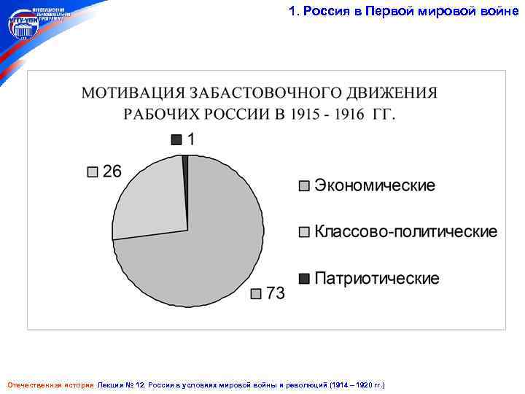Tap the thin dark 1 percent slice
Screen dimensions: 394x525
coord(185,164)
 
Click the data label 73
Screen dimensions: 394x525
coord(275,293)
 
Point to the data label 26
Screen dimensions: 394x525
coord(112,171)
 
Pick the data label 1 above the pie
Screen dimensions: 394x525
coord(191,139)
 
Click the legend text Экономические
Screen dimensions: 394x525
coord(374,185)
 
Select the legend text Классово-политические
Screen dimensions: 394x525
coord(406,232)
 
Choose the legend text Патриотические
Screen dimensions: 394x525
coord(377,279)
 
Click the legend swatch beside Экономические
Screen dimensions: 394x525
coord(304,186)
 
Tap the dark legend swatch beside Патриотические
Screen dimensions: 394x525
coord(304,279)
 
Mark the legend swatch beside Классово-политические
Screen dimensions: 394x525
coord(304,233)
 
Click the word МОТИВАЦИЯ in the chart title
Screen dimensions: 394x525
coord(132,94)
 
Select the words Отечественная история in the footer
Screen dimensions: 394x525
coord(50,384)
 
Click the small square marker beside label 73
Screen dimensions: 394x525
coord(256,294)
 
